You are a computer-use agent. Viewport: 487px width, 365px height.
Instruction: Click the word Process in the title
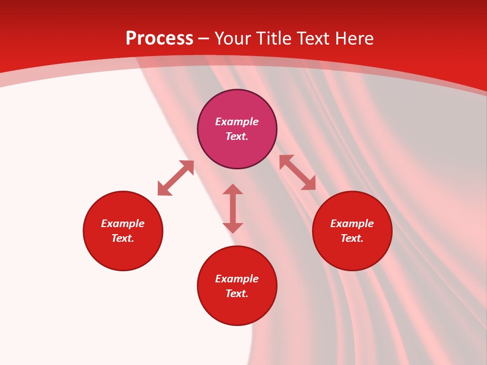click(159, 39)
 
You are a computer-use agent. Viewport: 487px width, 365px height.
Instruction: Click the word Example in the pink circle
click(237, 122)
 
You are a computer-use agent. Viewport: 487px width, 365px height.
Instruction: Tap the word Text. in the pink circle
click(237, 136)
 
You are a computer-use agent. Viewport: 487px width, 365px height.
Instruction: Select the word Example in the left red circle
click(123, 224)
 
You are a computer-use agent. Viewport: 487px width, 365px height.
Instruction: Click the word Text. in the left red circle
click(123, 238)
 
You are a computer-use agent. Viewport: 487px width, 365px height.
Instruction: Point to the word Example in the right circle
click(352, 224)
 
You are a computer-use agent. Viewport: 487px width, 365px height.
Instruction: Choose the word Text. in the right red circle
click(352, 238)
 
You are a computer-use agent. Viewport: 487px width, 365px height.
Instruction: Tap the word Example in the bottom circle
click(237, 279)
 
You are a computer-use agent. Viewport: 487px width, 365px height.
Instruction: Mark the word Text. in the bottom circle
click(237, 294)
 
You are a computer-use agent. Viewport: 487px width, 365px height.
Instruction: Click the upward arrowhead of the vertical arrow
click(233, 190)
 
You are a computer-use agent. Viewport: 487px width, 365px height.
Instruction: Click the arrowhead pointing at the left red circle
click(163, 190)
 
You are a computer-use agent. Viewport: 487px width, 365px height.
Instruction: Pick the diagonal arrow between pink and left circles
click(176, 178)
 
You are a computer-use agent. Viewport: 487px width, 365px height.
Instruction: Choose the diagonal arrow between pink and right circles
click(297, 172)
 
